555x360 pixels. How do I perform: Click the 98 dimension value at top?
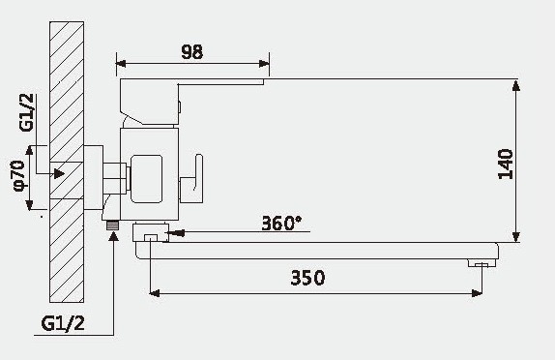click(192, 52)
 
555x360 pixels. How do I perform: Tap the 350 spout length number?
click(307, 278)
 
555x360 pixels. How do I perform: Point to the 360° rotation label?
click(281, 223)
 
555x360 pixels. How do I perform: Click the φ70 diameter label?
click(16, 177)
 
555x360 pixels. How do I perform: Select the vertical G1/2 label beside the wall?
click(26, 113)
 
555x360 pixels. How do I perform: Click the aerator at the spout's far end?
click(479, 263)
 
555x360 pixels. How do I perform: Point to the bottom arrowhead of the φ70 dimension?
click(33, 205)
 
